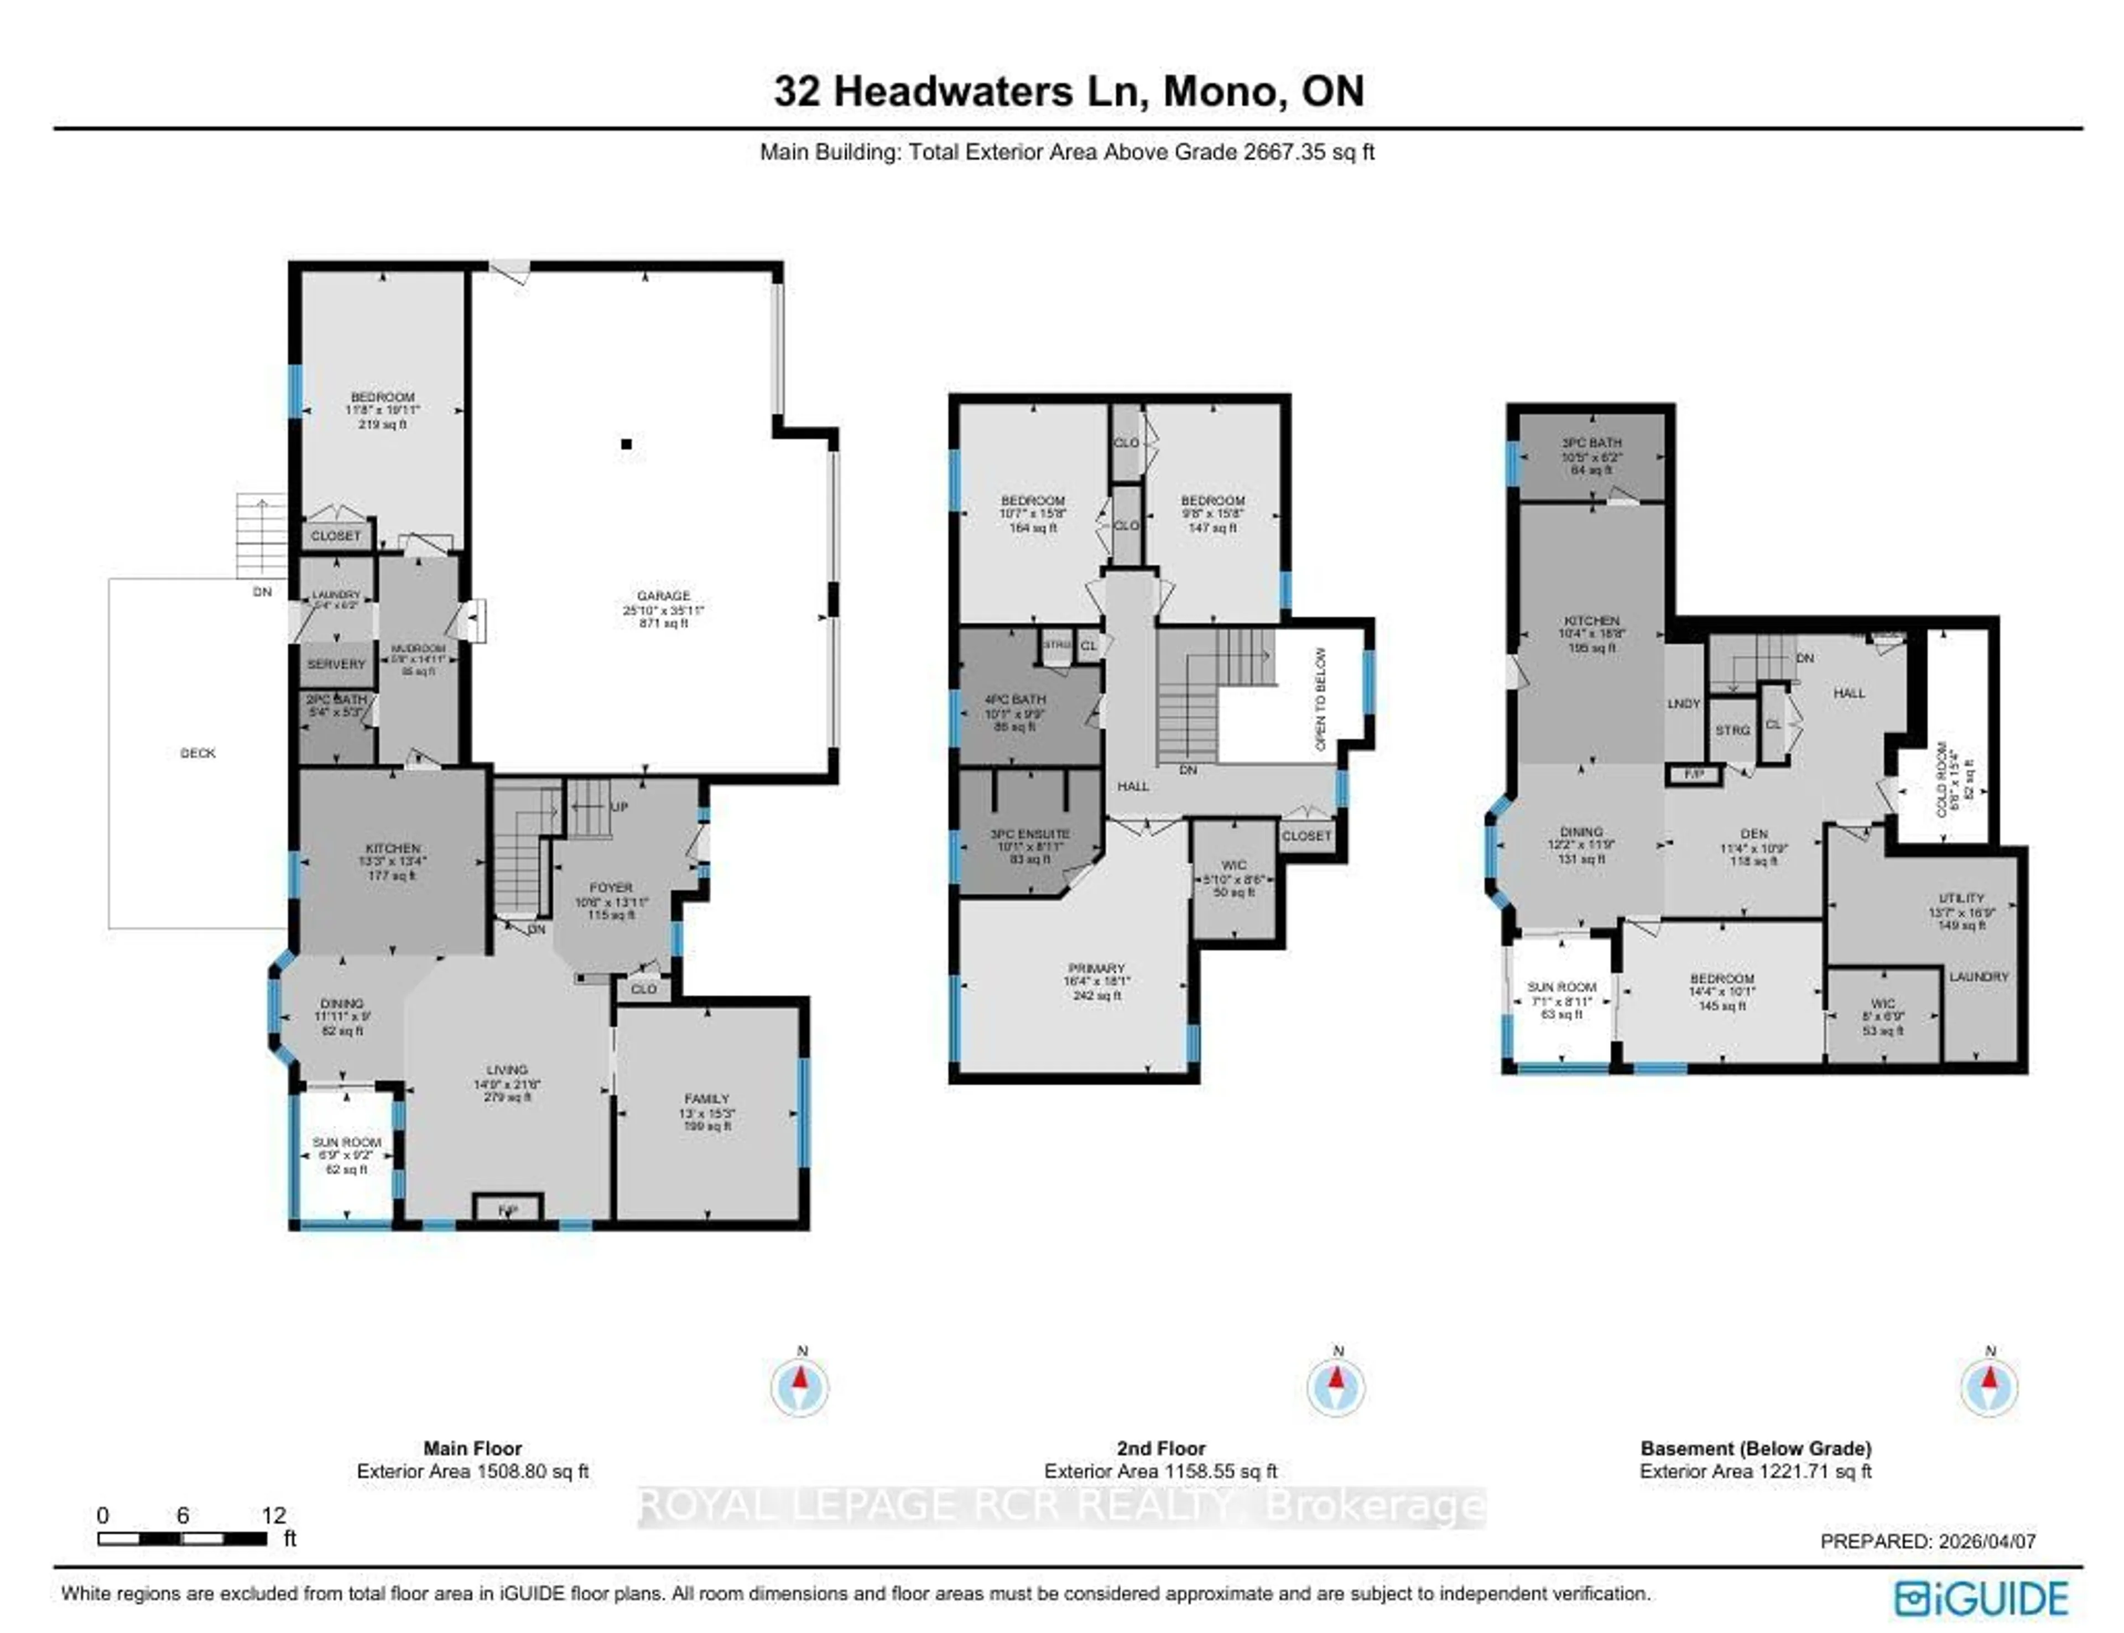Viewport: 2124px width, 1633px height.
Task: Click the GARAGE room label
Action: (663, 596)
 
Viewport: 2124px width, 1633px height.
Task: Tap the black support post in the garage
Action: (627, 444)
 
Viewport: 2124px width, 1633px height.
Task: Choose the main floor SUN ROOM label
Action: (346, 1142)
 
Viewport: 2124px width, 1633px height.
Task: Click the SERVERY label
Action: (336, 664)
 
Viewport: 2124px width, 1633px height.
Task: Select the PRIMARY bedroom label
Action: (1096, 968)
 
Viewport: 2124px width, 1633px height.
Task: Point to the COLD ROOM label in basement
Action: (1942, 780)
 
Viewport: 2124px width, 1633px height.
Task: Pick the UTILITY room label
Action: (1961, 898)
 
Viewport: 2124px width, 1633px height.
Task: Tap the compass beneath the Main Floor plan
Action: (800, 1387)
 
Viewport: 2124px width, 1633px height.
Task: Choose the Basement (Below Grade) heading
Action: (1756, 1448)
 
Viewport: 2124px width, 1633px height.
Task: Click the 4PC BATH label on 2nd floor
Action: (1015, 699)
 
